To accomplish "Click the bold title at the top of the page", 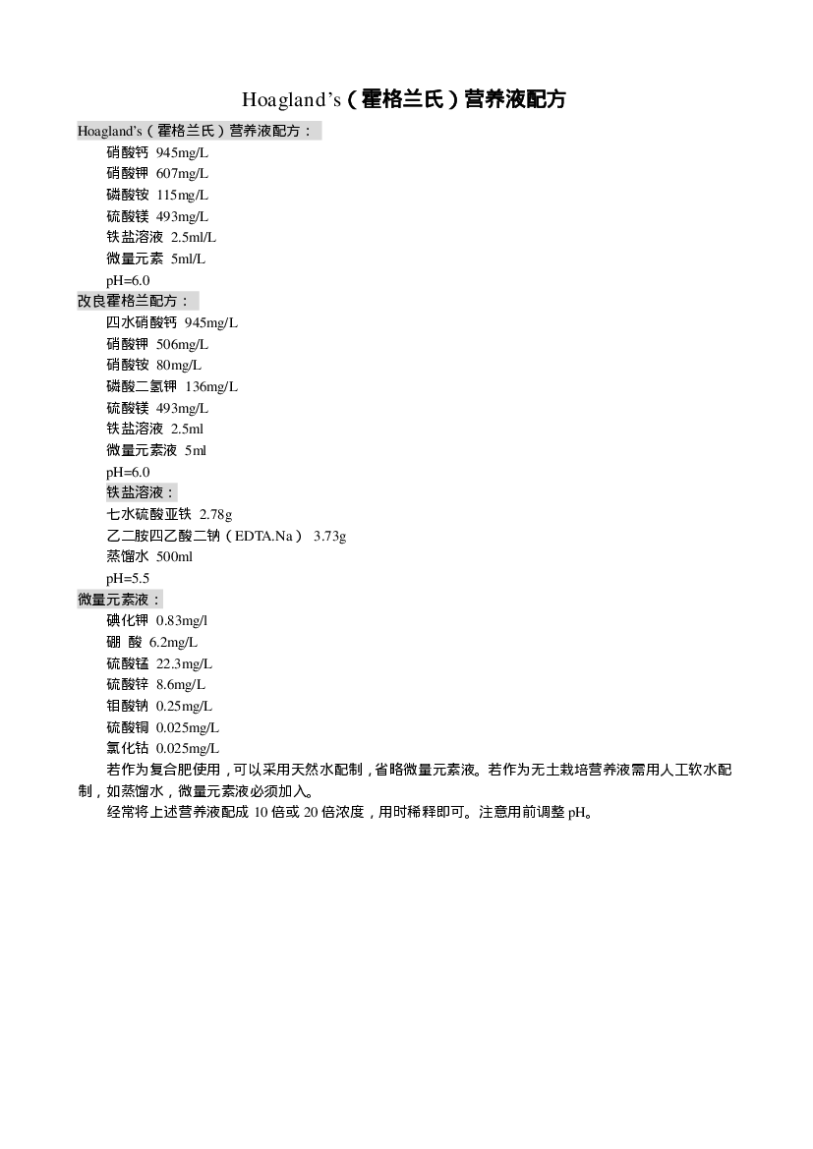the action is click(404, 99).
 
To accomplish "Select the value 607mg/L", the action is click(182, 174).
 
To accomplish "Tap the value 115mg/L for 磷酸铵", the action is click(182, 195).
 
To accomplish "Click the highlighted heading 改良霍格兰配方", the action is click(134, 301).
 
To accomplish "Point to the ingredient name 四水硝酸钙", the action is click(142, 322).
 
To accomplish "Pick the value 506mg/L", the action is click(182, 344).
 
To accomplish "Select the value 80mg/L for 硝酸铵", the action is click(178, 365).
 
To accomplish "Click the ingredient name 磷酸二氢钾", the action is click(142, 386).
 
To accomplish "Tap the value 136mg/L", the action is click(211, 386).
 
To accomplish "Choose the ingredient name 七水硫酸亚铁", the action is click(148, 514).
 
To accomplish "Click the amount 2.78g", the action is click(215, 514).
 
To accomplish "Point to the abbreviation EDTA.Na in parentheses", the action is click(263, 536).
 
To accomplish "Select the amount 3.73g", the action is click(330, 536).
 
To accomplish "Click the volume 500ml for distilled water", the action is click(174, 557).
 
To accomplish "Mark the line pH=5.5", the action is click(128, 578).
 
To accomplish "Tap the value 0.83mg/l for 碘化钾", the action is click(182, 620).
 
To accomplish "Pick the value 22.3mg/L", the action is click(184, 663).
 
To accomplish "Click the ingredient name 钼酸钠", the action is click(128, 706).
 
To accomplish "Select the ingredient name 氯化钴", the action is click(128, 748).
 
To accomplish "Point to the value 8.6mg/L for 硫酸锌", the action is click(180, 684).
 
